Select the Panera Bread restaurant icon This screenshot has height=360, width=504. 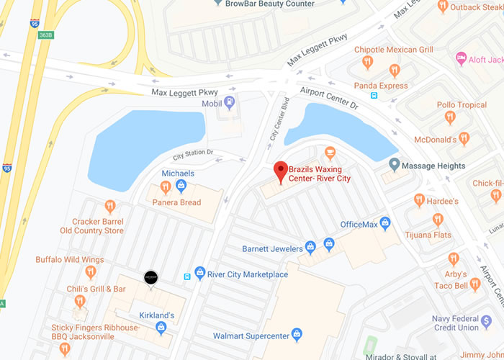(165, 188)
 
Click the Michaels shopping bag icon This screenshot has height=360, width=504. (181, 187)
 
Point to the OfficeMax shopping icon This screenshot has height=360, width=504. (385, 224)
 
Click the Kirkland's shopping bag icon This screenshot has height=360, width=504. (161, 329)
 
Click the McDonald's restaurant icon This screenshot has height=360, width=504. (464, 138)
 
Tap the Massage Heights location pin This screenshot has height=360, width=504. (394, 166)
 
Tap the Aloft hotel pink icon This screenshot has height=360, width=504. (461, 57)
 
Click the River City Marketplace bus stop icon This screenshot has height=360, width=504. (189, 274)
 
